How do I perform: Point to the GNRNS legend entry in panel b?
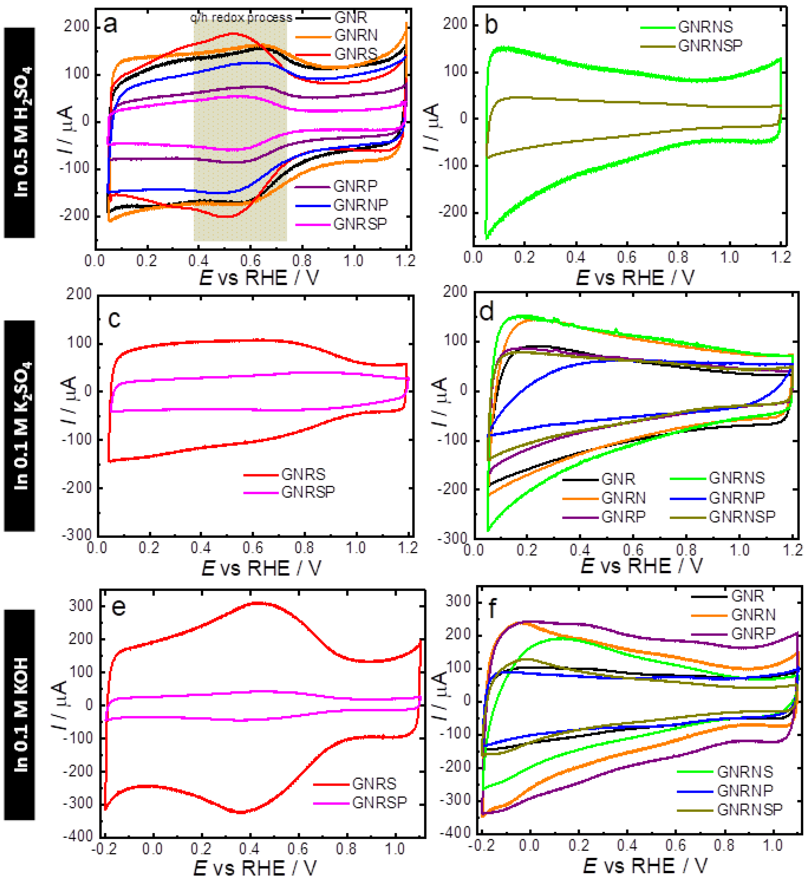tap(705, 27)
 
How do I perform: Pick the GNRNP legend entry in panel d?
tap(736, 498)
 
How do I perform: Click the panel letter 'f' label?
tap(492, 608)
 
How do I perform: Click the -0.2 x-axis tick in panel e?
tap(104, 849)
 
